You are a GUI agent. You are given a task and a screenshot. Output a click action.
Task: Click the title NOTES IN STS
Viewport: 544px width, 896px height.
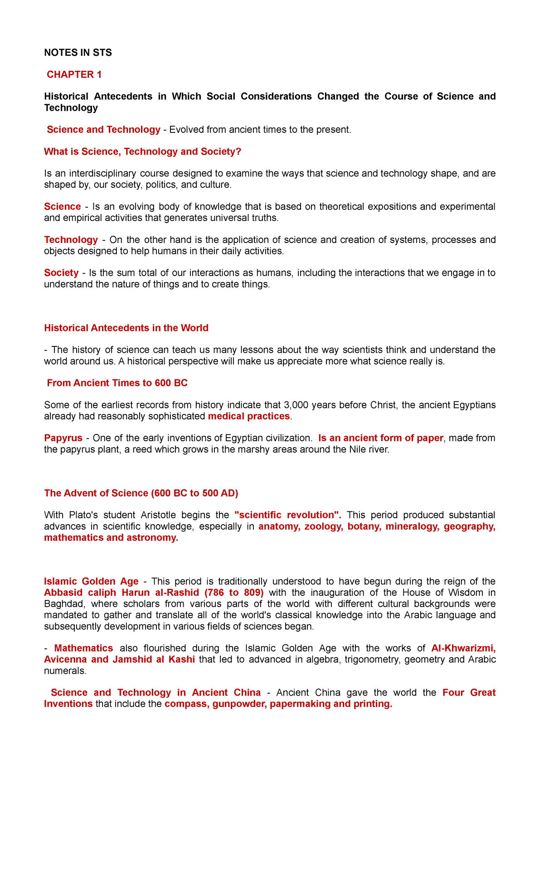point(78,53)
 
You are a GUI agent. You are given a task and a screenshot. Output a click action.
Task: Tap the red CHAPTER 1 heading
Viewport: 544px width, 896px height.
point(74,75)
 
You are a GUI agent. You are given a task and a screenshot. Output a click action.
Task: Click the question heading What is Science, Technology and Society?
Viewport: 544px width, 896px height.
point(142,151)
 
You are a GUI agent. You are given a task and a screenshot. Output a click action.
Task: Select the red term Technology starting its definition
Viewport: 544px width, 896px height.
point(71,239)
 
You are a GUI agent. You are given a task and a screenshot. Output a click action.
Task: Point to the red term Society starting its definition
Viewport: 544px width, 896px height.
point(61,273)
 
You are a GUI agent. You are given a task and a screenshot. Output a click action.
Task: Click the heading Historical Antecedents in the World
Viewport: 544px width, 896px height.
point(126,328)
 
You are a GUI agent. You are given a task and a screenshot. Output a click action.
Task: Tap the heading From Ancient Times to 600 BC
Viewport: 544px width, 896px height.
point(117,383)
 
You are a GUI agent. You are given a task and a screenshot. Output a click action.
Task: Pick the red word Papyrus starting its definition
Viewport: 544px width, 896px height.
point(63,438)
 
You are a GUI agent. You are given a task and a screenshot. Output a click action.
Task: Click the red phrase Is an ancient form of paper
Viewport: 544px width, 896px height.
point(380,438)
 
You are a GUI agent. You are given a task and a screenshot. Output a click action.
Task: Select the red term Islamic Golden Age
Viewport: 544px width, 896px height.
point(91,581)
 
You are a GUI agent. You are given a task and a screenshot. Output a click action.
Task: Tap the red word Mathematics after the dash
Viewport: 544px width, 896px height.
point(83,648)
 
